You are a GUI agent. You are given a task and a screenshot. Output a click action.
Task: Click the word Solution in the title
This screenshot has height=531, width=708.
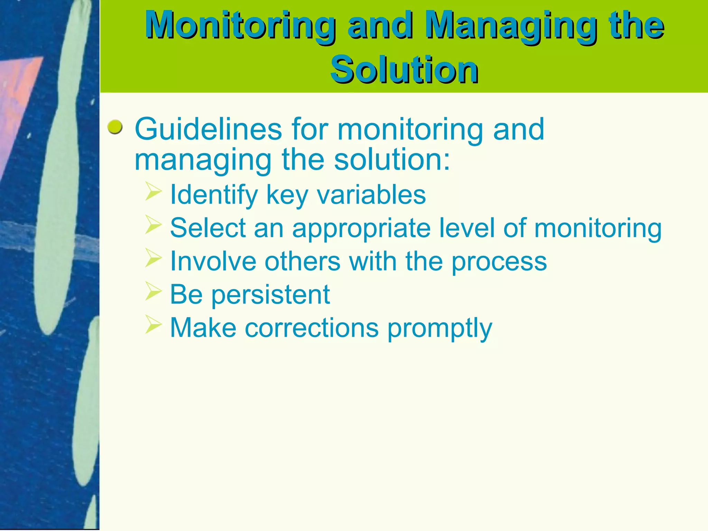click(404, 70)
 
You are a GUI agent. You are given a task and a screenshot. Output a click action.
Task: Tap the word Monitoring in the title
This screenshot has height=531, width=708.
click(240, 25)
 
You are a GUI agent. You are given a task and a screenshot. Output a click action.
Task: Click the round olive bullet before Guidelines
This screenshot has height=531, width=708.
click(115, 128)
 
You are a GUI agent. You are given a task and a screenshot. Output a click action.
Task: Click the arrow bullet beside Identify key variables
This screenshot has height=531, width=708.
click(153, 192)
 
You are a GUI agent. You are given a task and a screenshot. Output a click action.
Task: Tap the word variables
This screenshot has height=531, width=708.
click(371, 195)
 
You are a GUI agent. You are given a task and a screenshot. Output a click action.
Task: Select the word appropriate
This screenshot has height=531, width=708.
click(361, 229)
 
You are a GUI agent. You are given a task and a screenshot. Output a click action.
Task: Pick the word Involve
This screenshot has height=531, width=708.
click(213, 261)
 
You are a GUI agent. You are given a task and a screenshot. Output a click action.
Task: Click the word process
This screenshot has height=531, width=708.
click(499, 262)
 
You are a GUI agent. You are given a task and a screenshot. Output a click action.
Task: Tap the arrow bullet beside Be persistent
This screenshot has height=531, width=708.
click(153, 291)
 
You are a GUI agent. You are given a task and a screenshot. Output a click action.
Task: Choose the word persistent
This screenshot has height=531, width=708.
click(270, 295)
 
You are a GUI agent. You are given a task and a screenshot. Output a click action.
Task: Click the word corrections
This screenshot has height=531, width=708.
click(311, 327)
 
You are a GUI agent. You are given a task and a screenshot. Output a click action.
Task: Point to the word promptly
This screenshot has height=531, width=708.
click(439, 328)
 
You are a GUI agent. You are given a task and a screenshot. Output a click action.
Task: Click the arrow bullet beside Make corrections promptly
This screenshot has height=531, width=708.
click(153, 324)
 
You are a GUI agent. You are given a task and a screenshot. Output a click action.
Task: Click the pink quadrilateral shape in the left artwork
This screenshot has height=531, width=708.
click(17, 97)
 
